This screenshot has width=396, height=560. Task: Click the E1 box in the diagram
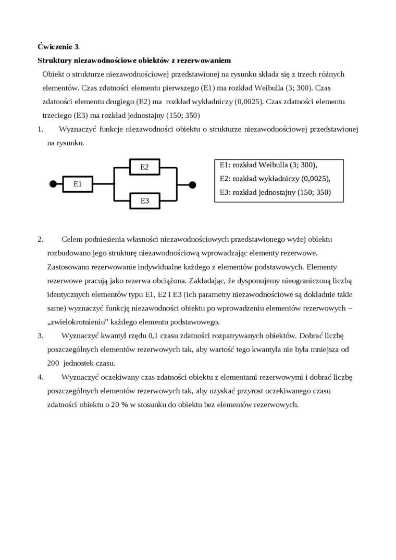78,184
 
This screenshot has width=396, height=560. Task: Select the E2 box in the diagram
144,167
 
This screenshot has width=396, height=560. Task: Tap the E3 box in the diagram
144,201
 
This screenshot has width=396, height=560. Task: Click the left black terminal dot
53,184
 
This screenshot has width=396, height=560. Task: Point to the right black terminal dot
192,184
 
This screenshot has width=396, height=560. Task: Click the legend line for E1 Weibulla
268,165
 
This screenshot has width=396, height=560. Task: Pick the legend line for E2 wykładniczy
275,178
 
